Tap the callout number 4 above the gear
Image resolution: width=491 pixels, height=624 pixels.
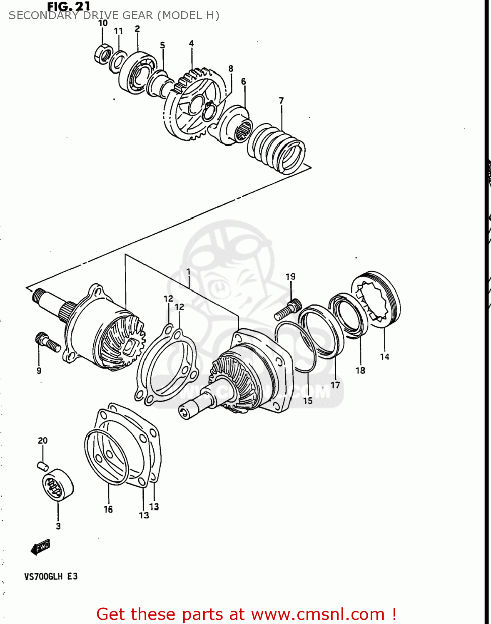tap(191, 43)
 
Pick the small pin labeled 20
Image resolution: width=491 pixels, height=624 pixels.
tap(43, 465)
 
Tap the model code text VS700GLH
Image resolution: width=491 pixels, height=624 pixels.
tap(43, 577)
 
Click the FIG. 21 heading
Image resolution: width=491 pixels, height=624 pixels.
tap(68, 6)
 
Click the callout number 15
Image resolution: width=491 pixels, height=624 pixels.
tap(307, 401)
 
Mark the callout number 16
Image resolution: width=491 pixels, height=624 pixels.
tap(108, 509)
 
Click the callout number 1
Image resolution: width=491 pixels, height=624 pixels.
tap(188, 272)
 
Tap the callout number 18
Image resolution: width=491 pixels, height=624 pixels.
tap(360, 370)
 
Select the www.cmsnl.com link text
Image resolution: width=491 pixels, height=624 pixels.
tap(318, 614)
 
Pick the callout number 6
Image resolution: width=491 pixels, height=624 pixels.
tap(244, 81)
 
